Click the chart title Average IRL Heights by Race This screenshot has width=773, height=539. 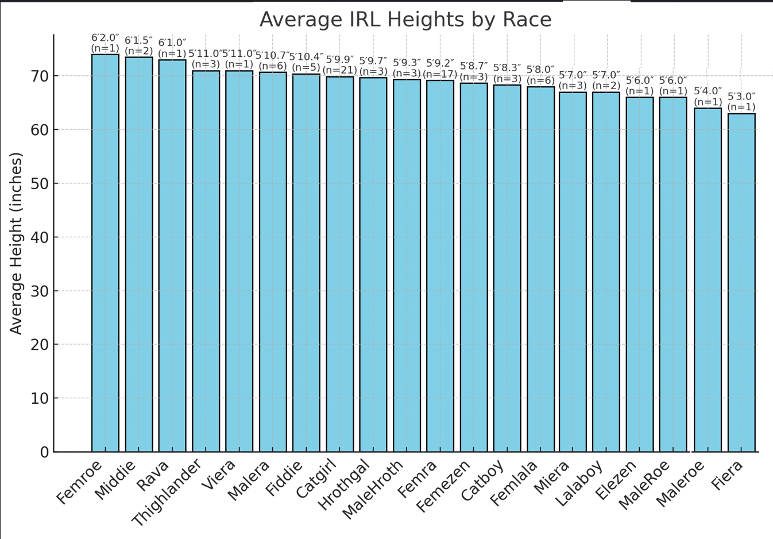coord(405,20)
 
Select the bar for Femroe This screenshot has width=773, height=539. coord(105,253)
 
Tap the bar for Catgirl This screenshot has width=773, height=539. coord(340,264)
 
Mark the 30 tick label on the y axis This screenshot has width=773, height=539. coord(40,291)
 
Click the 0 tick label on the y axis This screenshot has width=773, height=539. coord(44,452)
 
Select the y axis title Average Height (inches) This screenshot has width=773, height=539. coord(16,243)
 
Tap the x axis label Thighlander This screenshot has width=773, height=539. coord(167,492)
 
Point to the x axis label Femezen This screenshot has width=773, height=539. coord(443,486)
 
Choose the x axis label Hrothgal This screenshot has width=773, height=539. coord(343,485)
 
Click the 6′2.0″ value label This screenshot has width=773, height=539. coord(105,38)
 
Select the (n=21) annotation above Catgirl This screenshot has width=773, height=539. coord(340,70)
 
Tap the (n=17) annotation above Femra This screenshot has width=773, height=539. coord(440,74)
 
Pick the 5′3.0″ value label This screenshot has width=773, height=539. coord(741,97)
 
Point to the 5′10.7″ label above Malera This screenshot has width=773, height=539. coord(272,56)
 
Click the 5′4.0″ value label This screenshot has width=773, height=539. coord(708,91)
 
